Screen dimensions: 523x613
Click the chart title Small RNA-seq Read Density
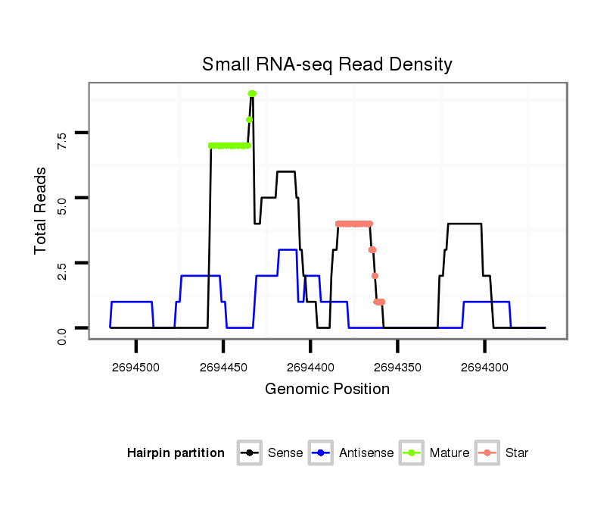[327, 64]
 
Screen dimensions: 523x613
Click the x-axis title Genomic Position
[327, 390]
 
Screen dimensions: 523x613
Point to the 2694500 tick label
[136, 367]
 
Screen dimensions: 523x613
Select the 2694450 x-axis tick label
[223, 367]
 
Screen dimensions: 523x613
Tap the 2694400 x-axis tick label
[310, 367]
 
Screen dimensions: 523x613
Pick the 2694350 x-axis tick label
[397, 367]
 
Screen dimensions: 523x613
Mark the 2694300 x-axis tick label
[484, 367]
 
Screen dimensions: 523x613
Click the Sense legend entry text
[285, 453]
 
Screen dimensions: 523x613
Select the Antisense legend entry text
[366, 453]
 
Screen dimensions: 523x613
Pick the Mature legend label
[450, 453]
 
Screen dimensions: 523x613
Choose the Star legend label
[517, 453]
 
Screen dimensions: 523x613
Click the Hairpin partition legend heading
[176, 453]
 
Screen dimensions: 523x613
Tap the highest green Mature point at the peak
[252, 93]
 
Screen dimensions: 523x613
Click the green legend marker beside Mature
[412, 453]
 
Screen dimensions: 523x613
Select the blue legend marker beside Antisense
[321, 453]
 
